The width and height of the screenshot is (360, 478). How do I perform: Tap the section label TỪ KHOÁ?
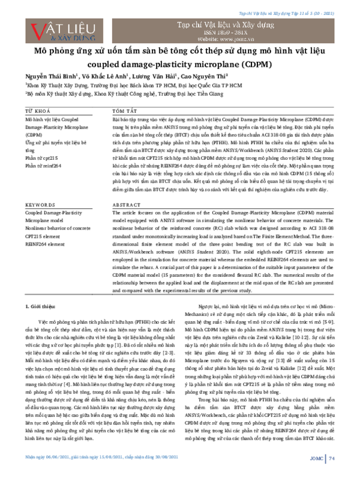click(x=37, y=112)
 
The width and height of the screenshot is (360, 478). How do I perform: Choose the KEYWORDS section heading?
click(x=40, y=205)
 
